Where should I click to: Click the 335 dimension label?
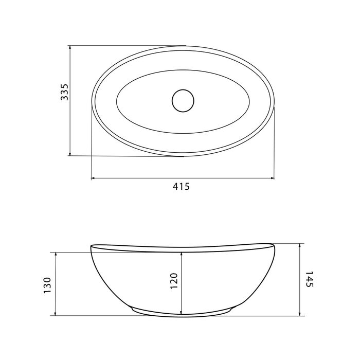[64, 92]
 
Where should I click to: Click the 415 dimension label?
[182, 186]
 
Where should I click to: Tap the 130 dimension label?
[47, 285]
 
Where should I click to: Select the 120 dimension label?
[174, 281]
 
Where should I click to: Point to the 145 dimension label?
[310, 279]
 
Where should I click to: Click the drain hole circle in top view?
[183, 101]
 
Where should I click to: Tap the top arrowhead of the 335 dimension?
[70, 47]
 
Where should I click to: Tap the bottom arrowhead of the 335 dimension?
[70, 154]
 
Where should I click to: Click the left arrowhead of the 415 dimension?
[93, 178]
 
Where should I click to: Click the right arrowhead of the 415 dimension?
[272, 178]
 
